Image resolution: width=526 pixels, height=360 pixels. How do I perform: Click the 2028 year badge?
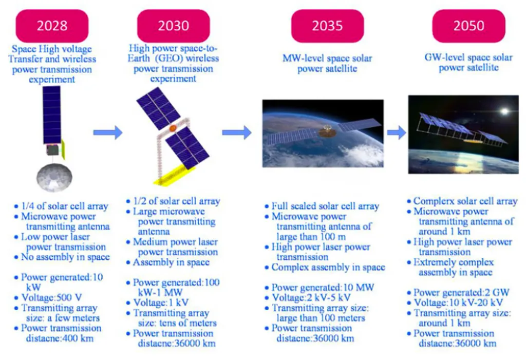tap(52, 26)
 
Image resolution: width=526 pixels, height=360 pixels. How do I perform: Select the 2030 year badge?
tap(174, 26)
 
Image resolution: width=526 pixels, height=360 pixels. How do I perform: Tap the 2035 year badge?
tap(327, 26)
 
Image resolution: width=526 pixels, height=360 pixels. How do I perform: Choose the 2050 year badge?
tap(468, 26)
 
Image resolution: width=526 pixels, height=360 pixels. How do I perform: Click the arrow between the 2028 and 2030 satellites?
tap(108, 132)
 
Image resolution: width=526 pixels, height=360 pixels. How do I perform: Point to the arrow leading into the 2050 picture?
tap(397, 132)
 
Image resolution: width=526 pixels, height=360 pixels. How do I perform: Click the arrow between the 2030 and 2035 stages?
tap(237, 132)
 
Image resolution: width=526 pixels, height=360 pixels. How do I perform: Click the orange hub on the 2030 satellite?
tap(173, 128)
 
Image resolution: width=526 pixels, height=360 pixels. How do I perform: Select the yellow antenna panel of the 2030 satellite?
tap(174, 176)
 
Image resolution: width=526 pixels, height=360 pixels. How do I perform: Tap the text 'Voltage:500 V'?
tap(52, 297)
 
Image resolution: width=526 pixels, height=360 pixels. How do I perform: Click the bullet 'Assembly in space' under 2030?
tap(171, 262)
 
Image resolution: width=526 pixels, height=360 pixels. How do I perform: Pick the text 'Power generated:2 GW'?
tap(461, 293)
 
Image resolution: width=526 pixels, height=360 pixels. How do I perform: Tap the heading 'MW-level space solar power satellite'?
tap(327, 63)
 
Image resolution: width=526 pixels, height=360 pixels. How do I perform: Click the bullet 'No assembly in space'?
tap(65, 257)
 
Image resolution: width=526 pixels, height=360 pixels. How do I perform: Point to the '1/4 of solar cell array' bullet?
tap(65, 206)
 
